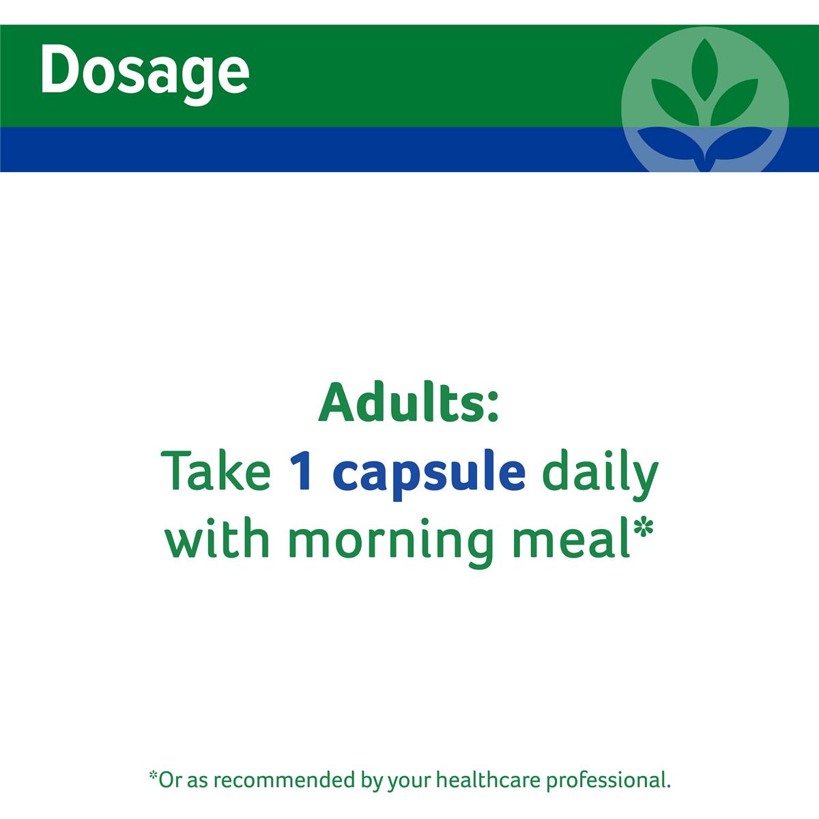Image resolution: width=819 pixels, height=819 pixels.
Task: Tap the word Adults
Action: (402, 401)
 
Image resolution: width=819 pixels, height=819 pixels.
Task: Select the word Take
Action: (216, 471)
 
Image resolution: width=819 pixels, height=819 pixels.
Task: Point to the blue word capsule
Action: (432, 475)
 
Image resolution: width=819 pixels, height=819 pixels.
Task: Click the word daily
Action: (601, 475)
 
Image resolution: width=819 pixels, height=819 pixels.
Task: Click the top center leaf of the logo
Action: (704, 70)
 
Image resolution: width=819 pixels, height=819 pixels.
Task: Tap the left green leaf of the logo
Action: (675, 102)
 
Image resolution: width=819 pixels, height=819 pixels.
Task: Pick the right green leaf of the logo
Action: (734, 102)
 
